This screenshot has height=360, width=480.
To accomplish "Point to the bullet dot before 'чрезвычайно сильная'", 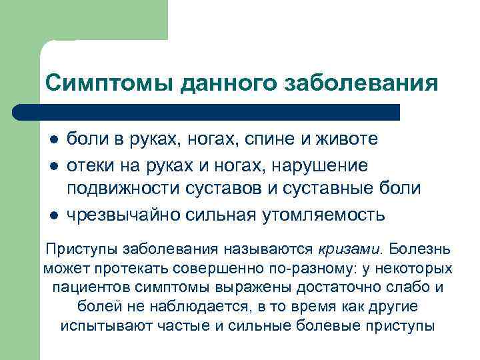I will click(x=53, y=215).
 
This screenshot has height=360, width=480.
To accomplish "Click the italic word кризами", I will click(x=348, y=249).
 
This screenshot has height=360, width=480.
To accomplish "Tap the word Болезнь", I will click(x=420, y=249).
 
